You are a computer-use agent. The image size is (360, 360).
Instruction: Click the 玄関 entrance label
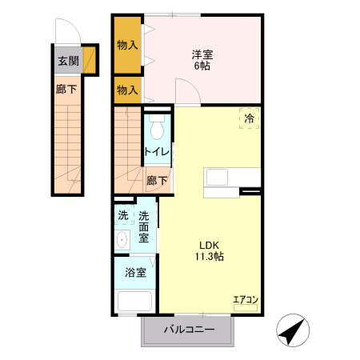(68, 61)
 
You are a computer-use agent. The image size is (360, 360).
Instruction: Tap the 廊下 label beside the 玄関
(66, 90)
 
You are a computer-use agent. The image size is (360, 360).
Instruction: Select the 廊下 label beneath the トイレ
(158, 181)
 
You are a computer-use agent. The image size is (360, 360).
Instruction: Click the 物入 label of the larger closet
(127, 45)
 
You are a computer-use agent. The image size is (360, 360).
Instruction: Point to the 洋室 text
(202, 54)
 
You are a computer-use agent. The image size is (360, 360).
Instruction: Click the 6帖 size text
(202, 66)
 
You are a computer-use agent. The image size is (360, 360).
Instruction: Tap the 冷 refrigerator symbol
(250, 118)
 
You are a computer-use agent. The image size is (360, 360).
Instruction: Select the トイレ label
(156, 151)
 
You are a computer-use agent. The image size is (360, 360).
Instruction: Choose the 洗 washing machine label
(123, 215)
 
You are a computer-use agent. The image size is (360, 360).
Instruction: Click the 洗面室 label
(144, 226)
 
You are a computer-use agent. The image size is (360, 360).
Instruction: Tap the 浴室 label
(135, 273)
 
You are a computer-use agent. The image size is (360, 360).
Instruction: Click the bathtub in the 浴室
(135, 302)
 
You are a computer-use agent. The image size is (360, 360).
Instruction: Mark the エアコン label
(245, 300)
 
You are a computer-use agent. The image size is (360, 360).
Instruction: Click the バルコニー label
(189, 330)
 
